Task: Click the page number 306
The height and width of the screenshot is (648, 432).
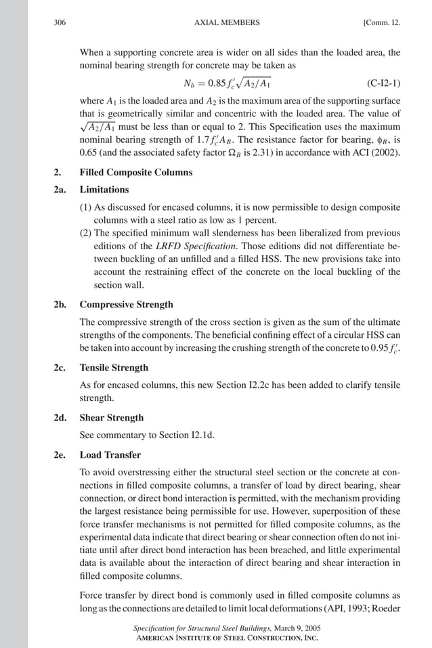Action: point(59,22)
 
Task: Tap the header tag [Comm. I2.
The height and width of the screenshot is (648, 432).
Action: point(381,22)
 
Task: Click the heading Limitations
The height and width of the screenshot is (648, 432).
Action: point(104,190)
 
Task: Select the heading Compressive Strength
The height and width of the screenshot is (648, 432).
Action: point(126,305)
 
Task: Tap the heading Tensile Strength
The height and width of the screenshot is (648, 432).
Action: point(114,368)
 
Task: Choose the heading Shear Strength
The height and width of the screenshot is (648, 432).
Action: point(112,418)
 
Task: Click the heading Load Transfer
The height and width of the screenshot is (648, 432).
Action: point(110,455)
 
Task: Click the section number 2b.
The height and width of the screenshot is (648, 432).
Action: point(60,305)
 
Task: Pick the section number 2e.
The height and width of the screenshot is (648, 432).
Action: point(60,455)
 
